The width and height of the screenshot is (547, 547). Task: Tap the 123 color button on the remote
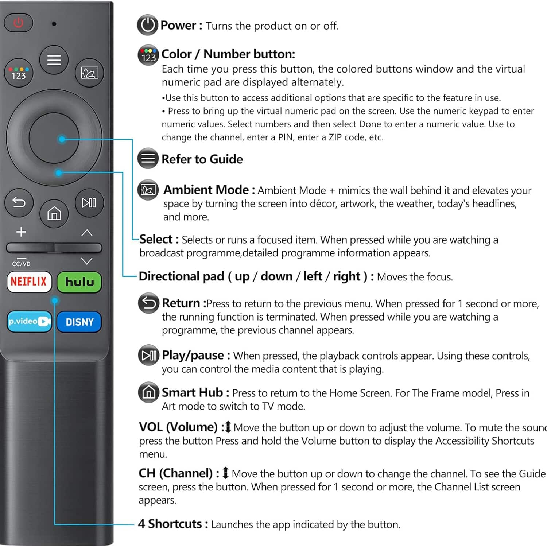click(x=19, y=73)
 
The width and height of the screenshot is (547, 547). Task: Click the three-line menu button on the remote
click(x=54, y=60)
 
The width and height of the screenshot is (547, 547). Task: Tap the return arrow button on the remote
click(x=19, y=202)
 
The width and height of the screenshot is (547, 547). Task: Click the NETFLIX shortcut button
click(x=29, y=282)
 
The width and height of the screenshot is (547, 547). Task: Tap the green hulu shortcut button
click(x=79, y=282)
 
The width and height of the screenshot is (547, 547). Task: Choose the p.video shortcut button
click(x=29, y=321)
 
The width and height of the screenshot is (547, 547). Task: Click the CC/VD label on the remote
click(x=21, y=264)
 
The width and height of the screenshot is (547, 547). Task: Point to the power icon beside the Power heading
click(x=148, y=25)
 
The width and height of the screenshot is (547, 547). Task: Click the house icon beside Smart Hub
click(x=148, y=392)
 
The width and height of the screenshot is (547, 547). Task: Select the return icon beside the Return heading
click(x=148, y=303)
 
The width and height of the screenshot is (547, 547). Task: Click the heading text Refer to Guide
click(x=202, y=159)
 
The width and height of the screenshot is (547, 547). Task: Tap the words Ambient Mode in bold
click(x=206, y=190)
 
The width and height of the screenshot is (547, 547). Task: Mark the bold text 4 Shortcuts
click(x=170, y=524)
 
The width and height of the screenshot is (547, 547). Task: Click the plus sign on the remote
click(x=21, y=232)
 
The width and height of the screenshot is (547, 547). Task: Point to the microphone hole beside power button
click(x=54, y=24)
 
